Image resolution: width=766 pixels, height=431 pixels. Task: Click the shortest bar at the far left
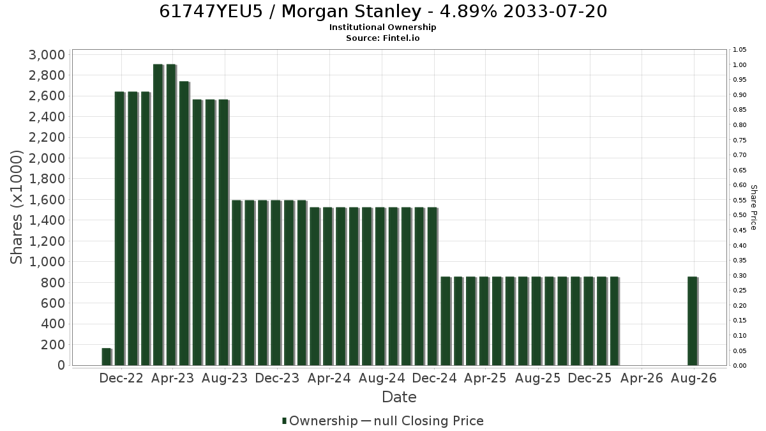107,357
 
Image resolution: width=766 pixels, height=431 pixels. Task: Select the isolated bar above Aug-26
693,321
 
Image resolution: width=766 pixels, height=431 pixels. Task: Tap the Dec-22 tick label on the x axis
121,378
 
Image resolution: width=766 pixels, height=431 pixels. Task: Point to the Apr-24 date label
329,378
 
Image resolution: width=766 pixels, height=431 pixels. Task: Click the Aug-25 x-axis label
538,378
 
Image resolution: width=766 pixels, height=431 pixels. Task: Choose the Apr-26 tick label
642,378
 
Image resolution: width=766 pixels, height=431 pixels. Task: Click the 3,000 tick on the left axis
47,55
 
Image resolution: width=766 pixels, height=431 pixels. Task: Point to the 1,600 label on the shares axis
47,200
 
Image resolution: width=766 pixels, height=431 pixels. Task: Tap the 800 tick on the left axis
52,283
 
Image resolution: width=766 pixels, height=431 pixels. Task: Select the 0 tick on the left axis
61,365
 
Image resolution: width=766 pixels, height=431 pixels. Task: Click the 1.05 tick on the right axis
740,50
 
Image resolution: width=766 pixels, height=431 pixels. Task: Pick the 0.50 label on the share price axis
740,215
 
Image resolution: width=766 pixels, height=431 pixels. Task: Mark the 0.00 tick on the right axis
740,366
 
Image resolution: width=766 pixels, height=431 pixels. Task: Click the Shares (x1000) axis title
17,208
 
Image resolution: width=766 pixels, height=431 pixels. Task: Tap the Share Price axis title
753,208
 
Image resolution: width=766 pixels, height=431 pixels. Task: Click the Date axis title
399,397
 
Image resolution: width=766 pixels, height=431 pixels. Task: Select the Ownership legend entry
320,421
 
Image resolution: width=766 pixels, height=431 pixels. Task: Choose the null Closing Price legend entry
423,421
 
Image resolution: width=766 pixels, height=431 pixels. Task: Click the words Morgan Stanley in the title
351,11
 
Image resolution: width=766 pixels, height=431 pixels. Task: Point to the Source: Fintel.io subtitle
382,38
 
